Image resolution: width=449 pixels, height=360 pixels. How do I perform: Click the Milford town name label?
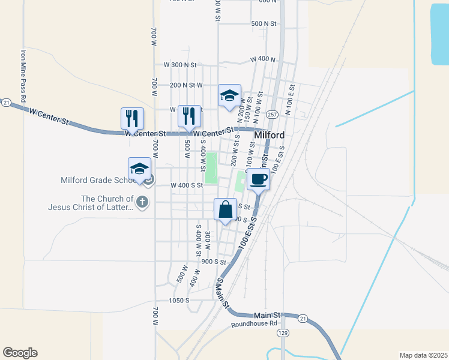click(269, 135)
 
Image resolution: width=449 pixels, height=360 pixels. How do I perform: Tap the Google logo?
click(20, 353)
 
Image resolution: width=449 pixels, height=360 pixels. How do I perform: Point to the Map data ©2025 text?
click(422, 355)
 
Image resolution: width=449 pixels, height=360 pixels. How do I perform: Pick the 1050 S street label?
click(179, 300)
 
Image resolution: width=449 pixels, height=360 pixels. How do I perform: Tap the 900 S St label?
click(213, 262)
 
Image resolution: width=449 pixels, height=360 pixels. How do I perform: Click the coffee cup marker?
click(258, 179)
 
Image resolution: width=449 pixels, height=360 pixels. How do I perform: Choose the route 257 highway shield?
click(272, 114)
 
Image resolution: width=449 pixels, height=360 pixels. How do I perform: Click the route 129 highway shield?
click(282, 332)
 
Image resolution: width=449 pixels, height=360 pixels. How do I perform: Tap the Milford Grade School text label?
click(100, 179)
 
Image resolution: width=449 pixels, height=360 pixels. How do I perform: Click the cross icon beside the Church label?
click(142, 201)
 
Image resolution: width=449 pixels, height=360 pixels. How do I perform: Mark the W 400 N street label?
click(262, 59)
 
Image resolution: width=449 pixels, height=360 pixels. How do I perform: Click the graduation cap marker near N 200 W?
click(229, 97)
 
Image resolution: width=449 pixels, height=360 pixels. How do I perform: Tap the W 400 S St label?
click(188, 185)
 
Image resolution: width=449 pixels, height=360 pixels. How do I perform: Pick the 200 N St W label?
click(186, 85)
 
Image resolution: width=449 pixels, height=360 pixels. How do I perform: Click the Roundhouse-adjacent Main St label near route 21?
click(267, 314)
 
